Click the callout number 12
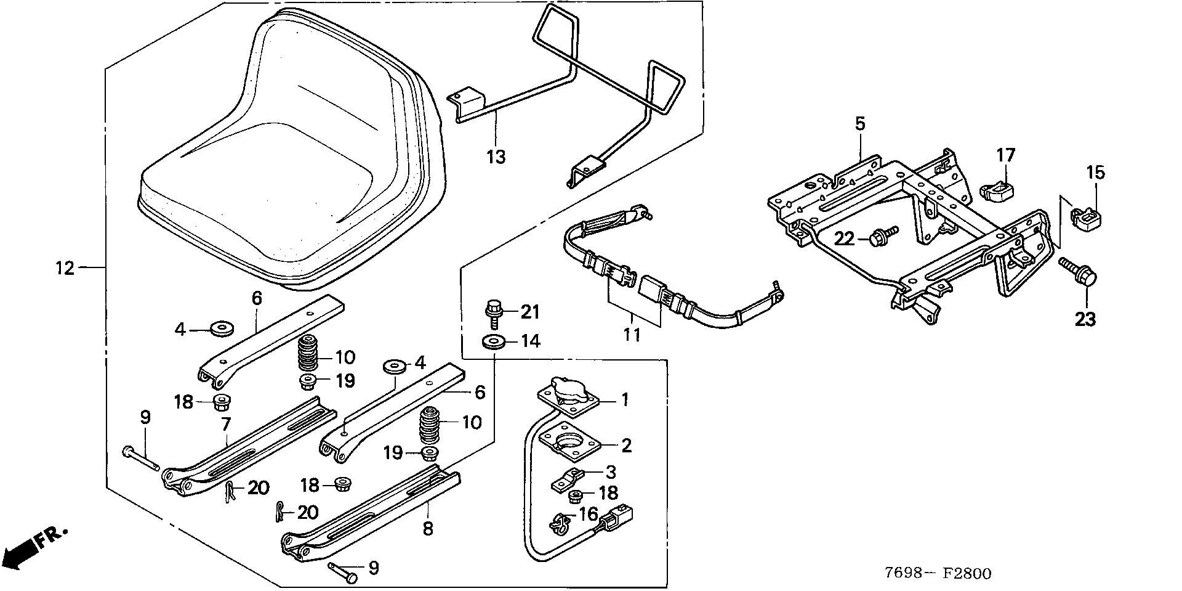coord(64,268)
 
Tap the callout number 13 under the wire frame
coord(496,157)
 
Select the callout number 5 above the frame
coord(860,123)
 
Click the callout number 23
coord(1085,319)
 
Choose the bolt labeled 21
coord(493,310)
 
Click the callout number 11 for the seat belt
coord(632,335)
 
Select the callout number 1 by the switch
coord(625,400)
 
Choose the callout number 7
coord(225,424)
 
